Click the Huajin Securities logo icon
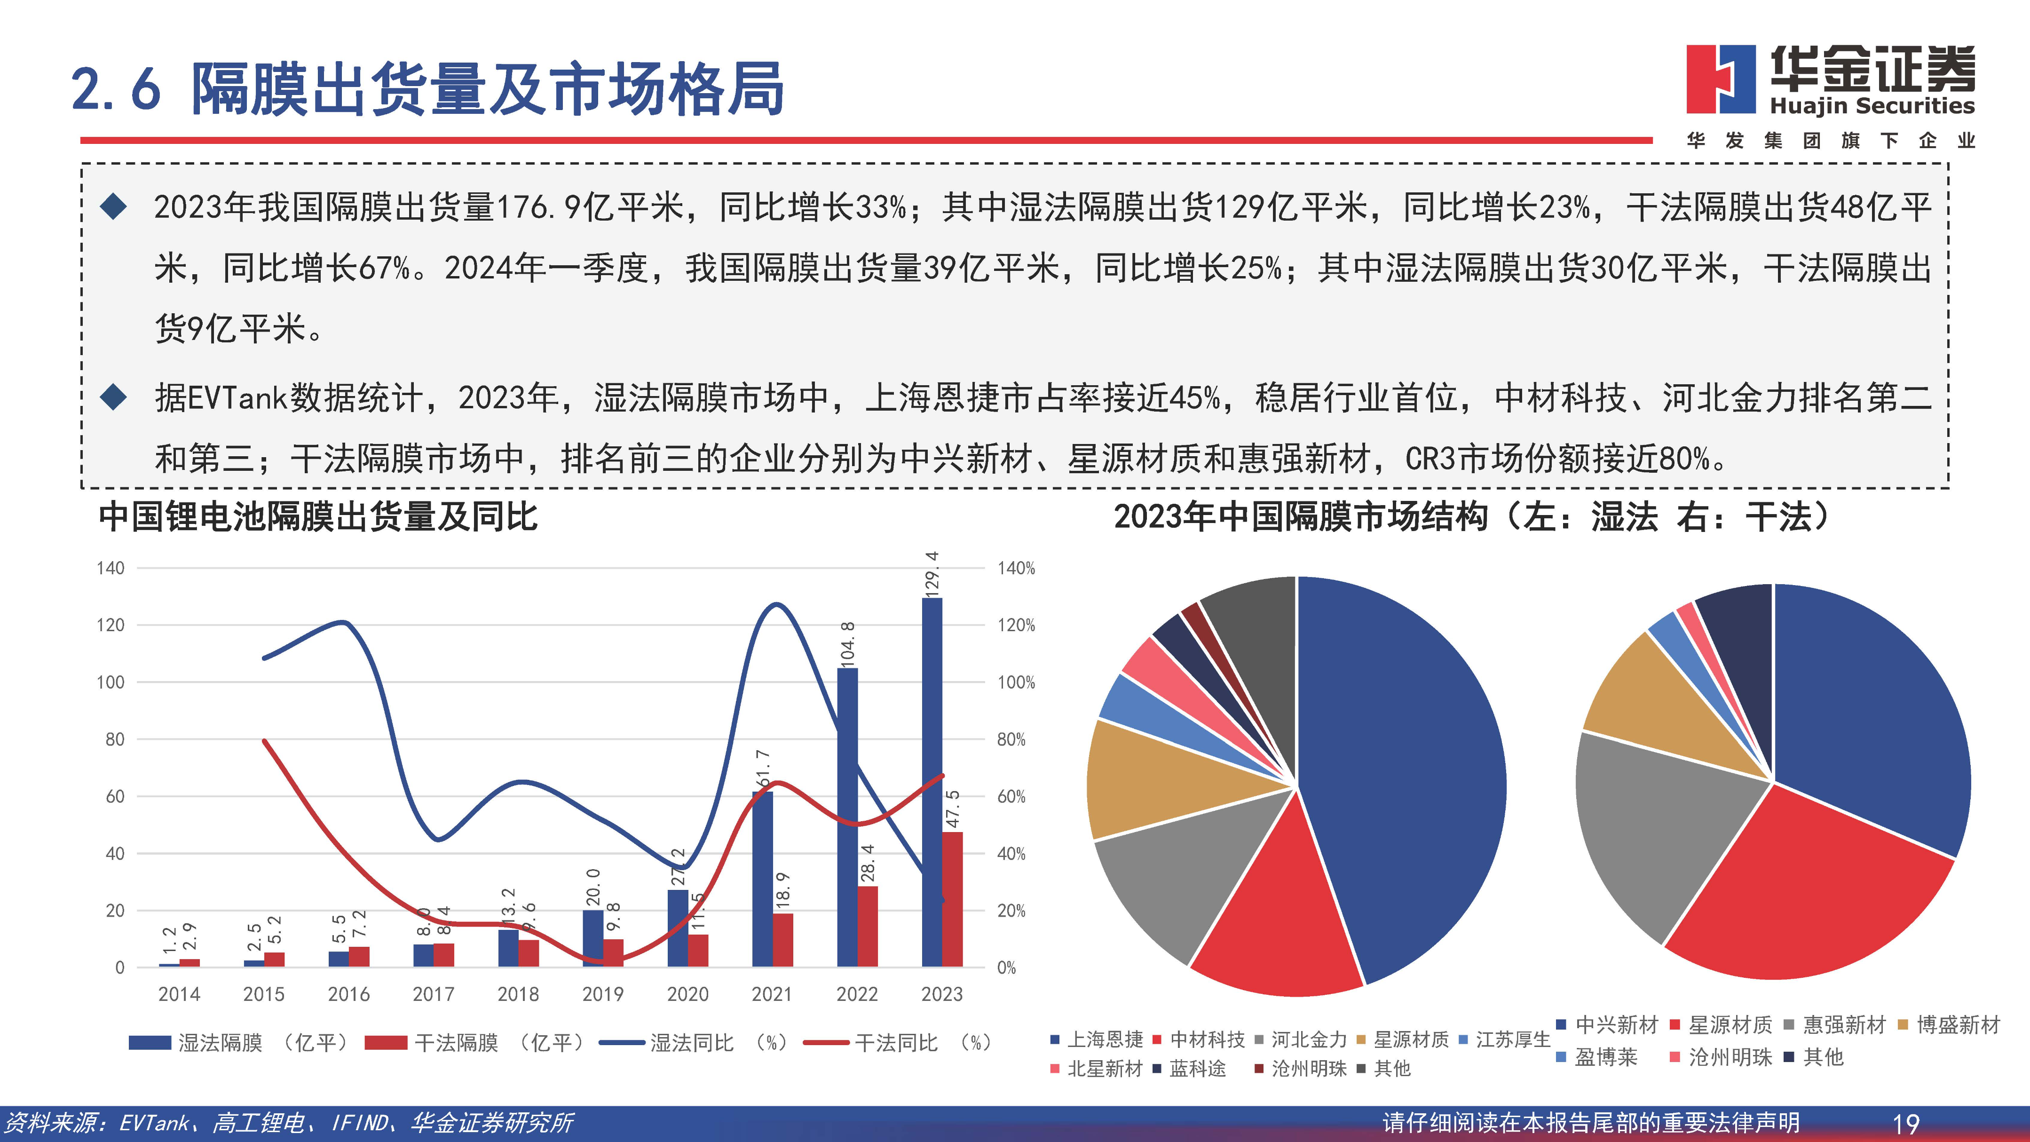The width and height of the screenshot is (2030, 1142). point(1720,79)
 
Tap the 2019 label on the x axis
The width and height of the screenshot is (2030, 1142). point(603,994)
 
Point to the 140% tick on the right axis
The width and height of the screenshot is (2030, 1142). point(1016,568)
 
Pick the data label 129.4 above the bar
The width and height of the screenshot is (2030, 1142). point(932,574)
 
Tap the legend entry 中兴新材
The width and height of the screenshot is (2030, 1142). point(1616,1024)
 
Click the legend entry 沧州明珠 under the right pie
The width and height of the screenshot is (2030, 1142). point(1729,1057)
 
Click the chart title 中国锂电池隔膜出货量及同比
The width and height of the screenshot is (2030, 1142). point(317,517)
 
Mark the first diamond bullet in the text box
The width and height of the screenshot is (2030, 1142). point(113,207)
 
